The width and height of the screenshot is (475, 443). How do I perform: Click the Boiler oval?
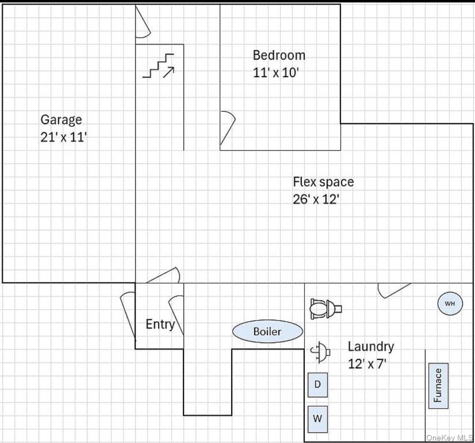point(268,331)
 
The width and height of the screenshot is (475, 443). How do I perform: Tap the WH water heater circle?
point(450,303)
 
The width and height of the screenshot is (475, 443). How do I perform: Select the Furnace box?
point(438,386)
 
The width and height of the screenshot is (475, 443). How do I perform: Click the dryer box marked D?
point(318,385)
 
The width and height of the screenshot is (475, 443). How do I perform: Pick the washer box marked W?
point(318,419)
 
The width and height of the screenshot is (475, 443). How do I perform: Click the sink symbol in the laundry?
point(320,352)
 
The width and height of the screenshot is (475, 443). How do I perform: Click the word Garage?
point(61,120)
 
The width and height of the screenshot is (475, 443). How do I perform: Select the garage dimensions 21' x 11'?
point(64,137)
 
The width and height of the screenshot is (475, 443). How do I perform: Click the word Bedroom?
point(279,55)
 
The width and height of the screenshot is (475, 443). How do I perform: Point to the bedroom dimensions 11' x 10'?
point(276,73)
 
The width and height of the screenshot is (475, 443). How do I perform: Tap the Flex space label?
point(323,182)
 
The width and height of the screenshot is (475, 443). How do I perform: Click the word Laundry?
point(371,347)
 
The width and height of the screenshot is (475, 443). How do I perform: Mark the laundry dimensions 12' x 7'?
point(367,363)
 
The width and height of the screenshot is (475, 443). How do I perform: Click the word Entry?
point(160,324)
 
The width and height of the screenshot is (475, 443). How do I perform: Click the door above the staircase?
point(142,22)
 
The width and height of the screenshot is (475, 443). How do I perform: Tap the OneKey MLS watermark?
point(449,438)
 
